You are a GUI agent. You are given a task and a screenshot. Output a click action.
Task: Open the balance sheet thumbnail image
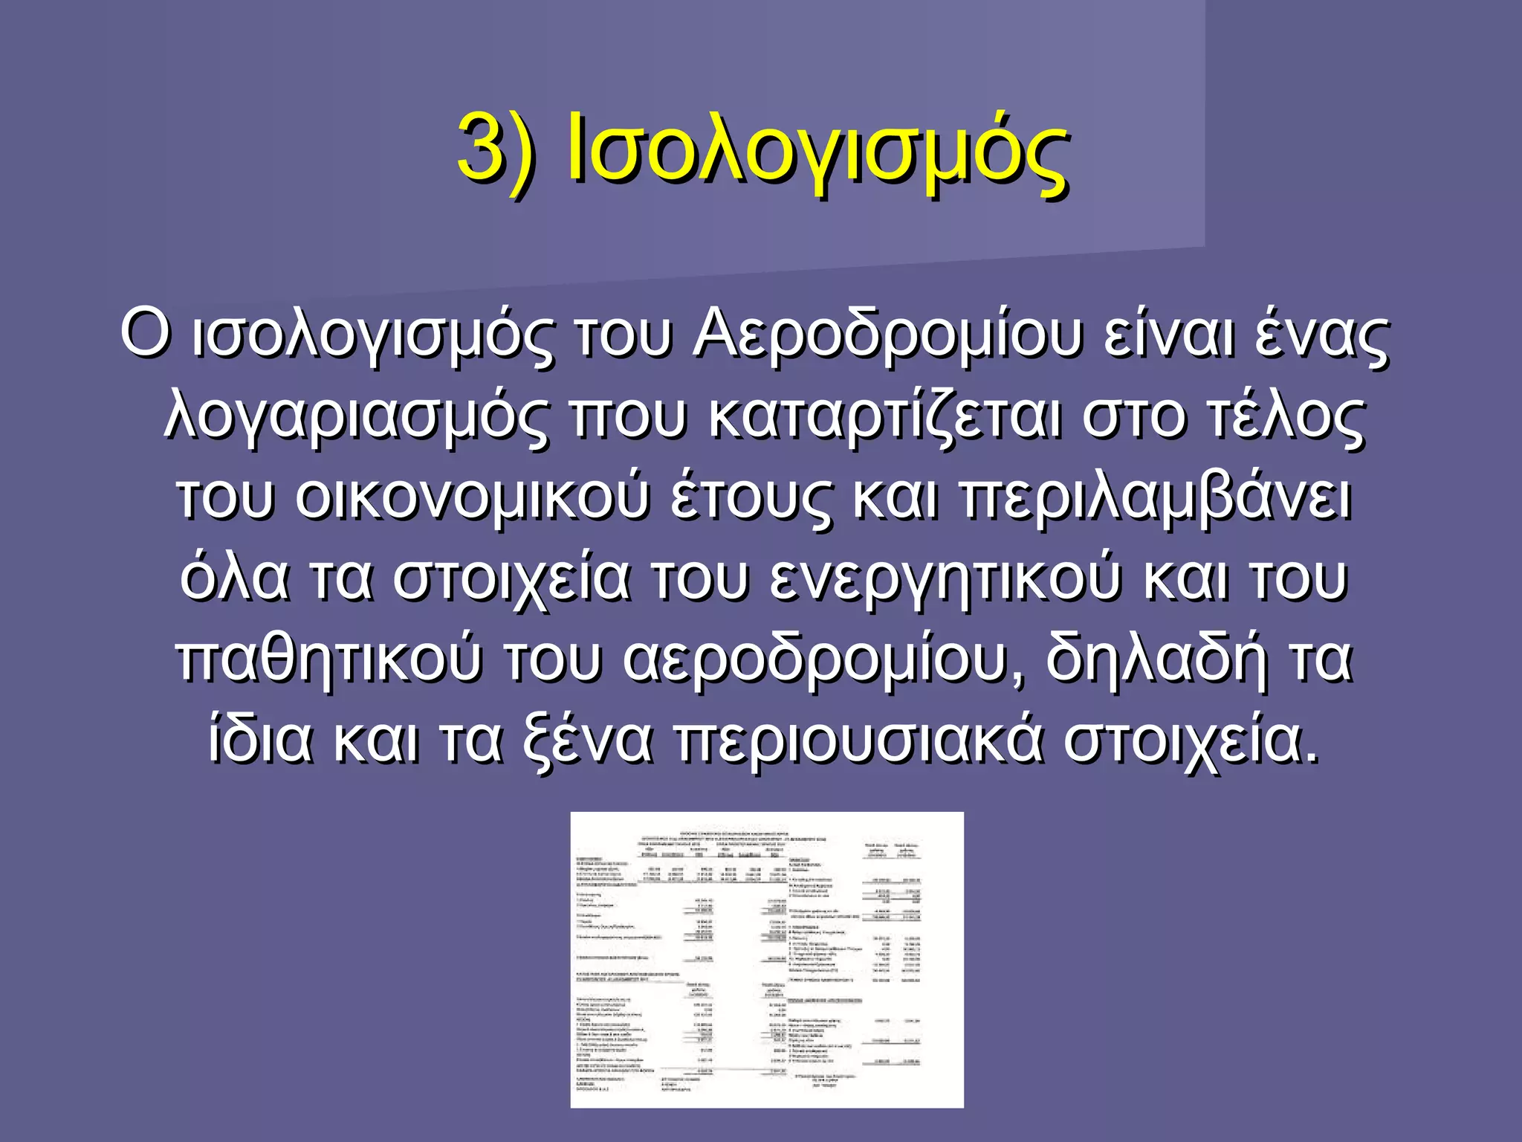[x=766, y=959]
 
